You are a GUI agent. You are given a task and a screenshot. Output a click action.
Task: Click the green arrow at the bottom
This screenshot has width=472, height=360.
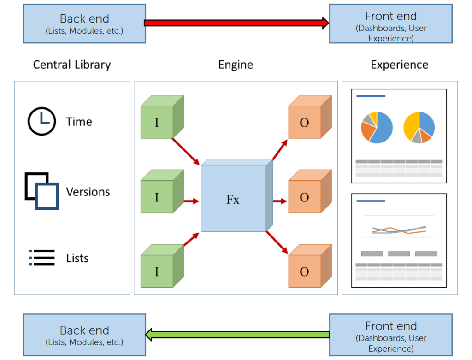237,334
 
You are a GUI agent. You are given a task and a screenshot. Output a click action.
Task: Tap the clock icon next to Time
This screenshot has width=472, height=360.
41,121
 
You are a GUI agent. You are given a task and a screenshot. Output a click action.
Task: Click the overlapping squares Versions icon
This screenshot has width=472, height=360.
41,191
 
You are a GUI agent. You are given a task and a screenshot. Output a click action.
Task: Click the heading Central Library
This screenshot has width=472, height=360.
72,65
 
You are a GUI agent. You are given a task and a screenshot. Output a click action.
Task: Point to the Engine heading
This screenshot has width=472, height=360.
236,65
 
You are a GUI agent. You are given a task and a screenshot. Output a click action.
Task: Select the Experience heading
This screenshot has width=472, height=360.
399,65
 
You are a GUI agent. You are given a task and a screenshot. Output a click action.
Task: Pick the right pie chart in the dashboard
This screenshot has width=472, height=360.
419,127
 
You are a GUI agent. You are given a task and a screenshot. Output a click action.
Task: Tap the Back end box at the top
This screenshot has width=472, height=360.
84,24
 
